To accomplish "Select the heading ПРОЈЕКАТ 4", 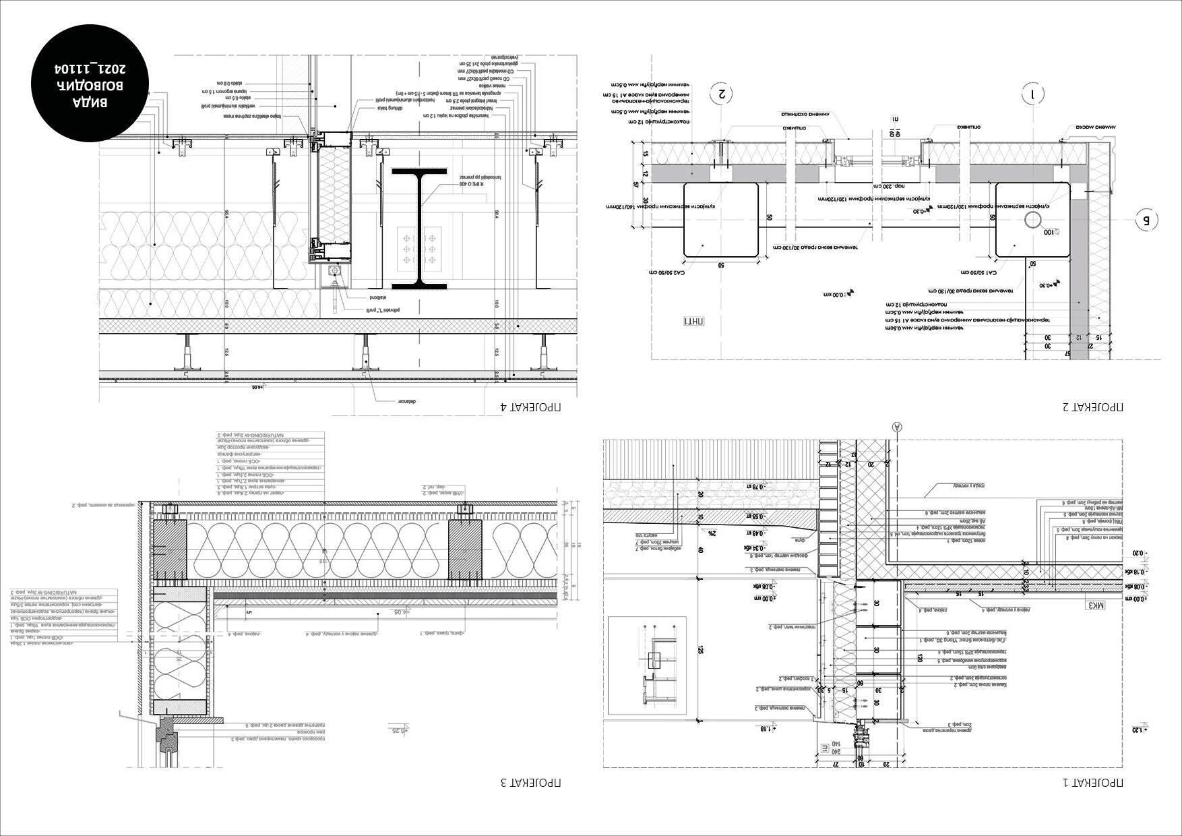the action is [530, 407].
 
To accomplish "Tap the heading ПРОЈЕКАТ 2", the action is [1092, 407].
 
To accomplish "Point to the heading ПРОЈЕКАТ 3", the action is [530, 783].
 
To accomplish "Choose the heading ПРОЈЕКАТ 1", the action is [1092, 783].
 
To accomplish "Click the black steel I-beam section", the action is [419, 229].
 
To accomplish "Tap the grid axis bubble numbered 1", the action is [1032, 94].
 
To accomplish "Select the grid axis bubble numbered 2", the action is [722, 94].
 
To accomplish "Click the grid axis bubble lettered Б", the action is [1146, 220].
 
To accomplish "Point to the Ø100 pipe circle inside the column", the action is [1032, 220].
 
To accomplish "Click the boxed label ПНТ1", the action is [693, 321].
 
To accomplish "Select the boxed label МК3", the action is [1096, 605].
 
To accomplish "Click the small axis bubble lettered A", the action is [896, 426].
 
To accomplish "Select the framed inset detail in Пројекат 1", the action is [648, 665].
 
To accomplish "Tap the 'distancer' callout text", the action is [409, 402].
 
